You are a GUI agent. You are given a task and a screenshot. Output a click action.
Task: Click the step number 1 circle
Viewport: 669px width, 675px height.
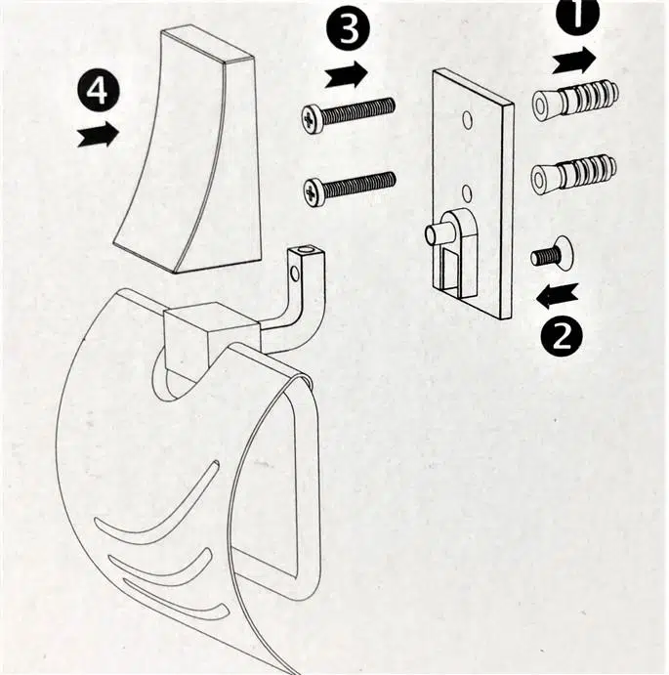click(577, 16)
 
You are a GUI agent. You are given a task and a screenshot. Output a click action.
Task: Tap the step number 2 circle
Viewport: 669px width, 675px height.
click(562, 336)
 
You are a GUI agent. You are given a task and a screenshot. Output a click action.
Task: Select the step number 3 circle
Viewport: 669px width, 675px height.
click(348, 29)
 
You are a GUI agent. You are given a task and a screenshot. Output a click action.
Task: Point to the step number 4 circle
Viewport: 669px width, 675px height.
click(98, 91)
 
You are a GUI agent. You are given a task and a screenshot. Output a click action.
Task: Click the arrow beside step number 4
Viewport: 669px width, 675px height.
click(98, 134)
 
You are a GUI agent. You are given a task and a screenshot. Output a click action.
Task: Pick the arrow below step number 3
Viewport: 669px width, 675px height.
click(346, 74)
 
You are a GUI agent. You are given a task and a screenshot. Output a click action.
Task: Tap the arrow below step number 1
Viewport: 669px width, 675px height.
click(574, 61)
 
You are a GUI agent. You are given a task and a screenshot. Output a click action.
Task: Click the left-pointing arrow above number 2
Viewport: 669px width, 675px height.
click(558, 296)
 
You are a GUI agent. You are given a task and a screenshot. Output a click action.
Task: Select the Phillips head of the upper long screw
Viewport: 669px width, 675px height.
click(313, 118)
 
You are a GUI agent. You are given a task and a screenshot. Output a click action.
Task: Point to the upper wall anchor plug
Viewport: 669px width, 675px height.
click(575, 101)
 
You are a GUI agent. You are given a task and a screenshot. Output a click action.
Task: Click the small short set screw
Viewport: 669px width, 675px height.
click(552, 253)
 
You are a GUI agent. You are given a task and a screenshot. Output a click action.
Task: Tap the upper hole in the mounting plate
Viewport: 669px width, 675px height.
click(468, 120)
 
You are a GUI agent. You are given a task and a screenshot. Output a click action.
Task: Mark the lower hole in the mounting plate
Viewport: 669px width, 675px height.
click(467, 192)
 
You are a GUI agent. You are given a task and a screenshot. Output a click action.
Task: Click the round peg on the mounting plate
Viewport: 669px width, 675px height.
click(436, 232)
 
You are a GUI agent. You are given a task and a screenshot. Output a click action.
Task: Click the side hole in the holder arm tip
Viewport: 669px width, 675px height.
click(295, 273)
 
